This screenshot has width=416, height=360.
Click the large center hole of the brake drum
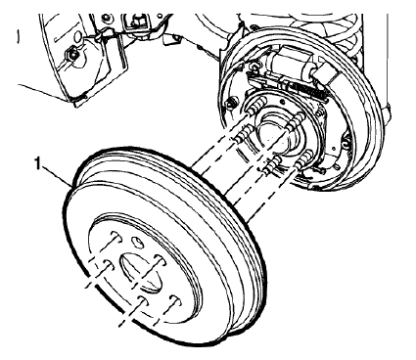[133, 270]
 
